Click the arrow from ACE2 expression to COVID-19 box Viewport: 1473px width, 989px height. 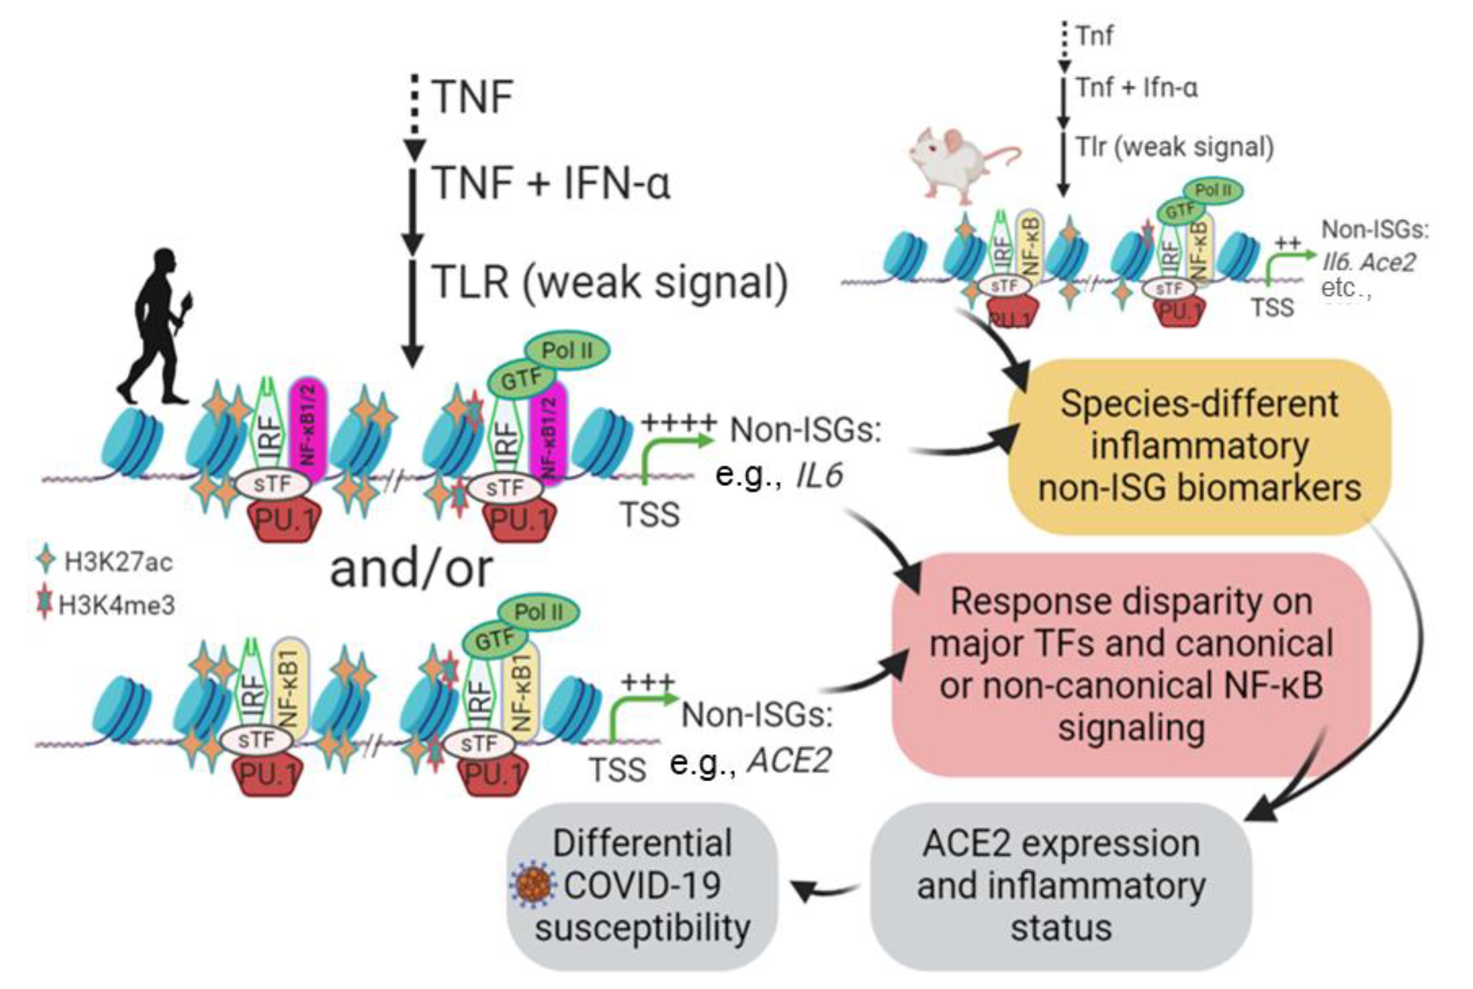tap(826, 889)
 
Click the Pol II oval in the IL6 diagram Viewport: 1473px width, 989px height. tap(567, 350)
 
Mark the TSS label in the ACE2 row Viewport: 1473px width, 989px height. tap(618, 769)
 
